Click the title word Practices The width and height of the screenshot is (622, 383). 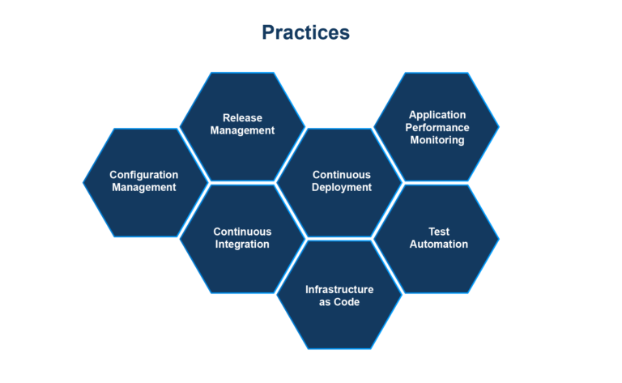click(305, 32)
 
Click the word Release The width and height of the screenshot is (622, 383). click(243, 118)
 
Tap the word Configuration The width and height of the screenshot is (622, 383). click(144, 175)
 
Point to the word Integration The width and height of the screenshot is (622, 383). click(242, 244)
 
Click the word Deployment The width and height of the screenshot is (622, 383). click(342, 187)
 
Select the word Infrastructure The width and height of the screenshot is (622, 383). click(339, 289)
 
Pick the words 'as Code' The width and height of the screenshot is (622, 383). click(339, 302)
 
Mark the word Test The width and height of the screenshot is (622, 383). click(438, 231)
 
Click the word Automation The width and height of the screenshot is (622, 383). click(438, 244)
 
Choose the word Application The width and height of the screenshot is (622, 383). click(438, 115)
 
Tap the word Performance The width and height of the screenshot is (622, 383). click(438, 127)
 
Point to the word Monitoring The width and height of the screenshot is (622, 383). click(437, 140)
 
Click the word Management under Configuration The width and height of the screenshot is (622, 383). click(144, 187)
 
